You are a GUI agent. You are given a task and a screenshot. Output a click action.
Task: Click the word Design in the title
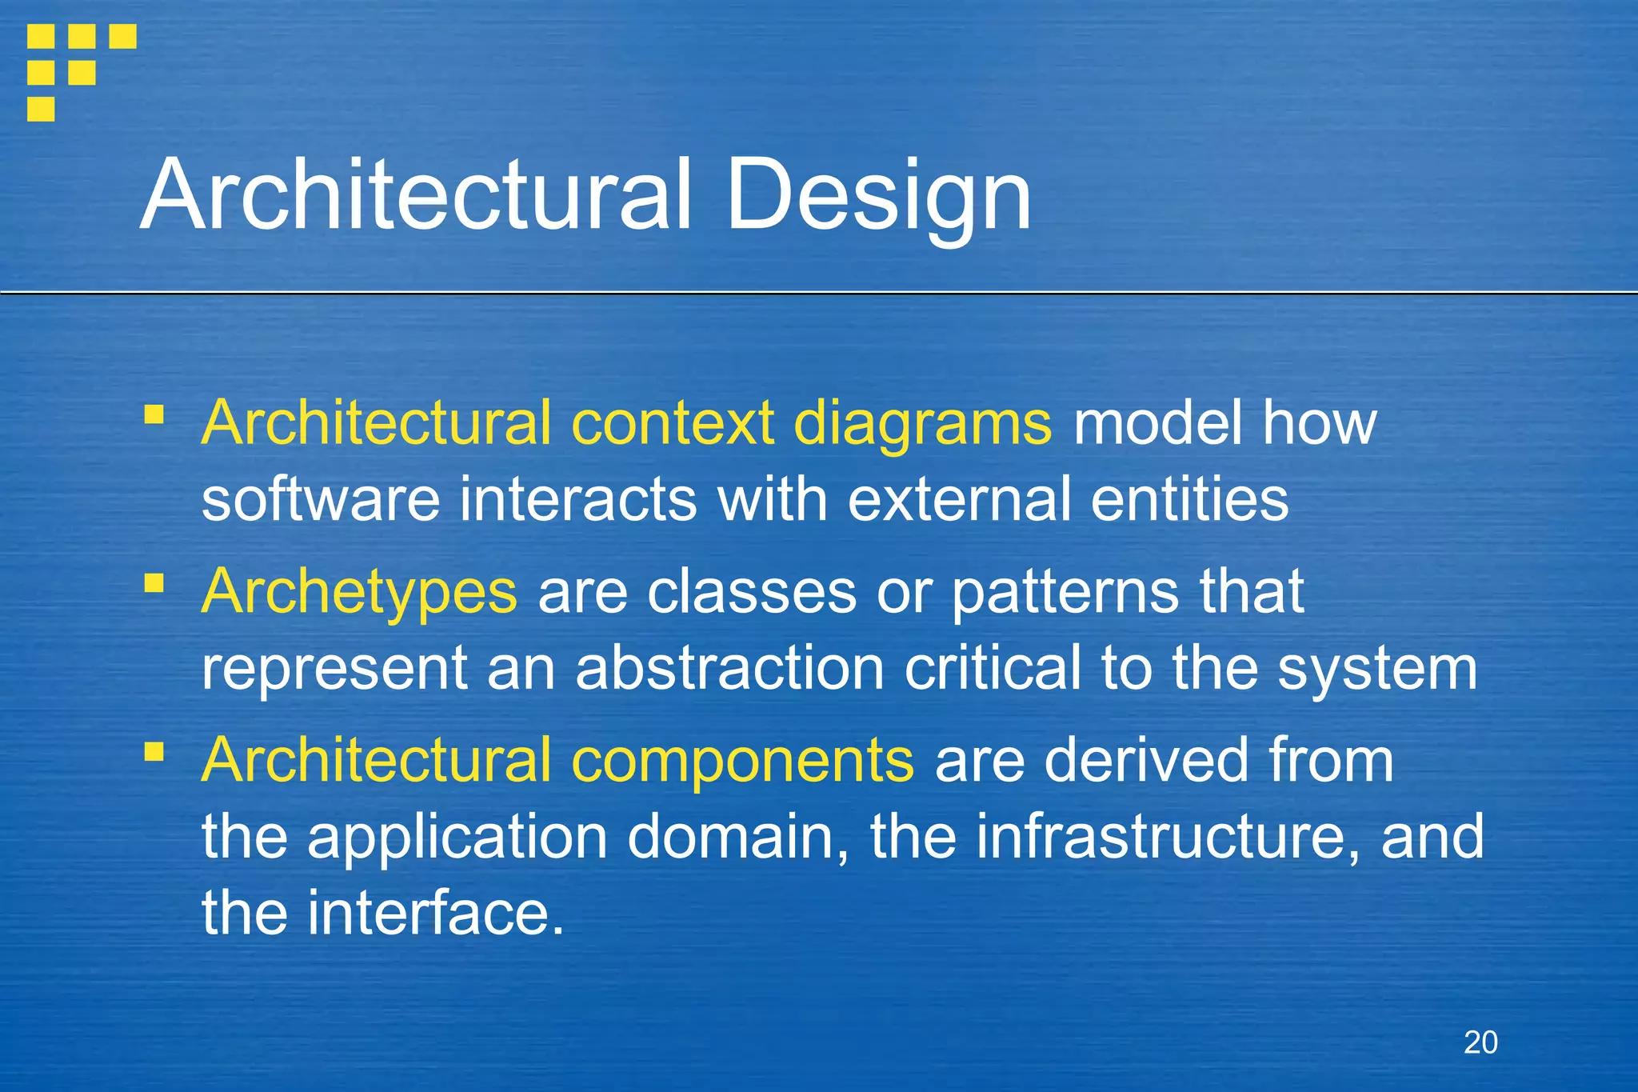(x=877, y=196)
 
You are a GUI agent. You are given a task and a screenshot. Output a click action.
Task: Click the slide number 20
(x=1480, y=1042)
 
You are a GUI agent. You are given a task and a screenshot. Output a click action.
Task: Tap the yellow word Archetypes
(x=359, y=592)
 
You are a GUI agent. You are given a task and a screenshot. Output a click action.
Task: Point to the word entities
(x=1189, y=499)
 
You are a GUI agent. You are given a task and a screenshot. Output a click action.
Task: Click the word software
(x=321, y=499)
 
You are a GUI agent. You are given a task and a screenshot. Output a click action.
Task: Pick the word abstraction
(x=729, y=668)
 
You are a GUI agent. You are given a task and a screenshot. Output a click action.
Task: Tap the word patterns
(x=1065, y=592)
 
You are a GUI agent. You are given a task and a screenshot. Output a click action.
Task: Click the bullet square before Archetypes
(x=154, y=583)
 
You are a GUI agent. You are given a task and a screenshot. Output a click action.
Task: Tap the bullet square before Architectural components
(x=154, y=752)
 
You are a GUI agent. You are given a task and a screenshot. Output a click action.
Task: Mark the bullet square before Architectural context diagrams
(x=154, y=414)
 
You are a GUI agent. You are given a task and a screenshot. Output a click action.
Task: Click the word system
(x=1377, y=670)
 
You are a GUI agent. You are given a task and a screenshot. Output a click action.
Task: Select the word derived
(x=1145, y=760)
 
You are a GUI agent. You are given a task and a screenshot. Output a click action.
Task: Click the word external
(x=959, y=499)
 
